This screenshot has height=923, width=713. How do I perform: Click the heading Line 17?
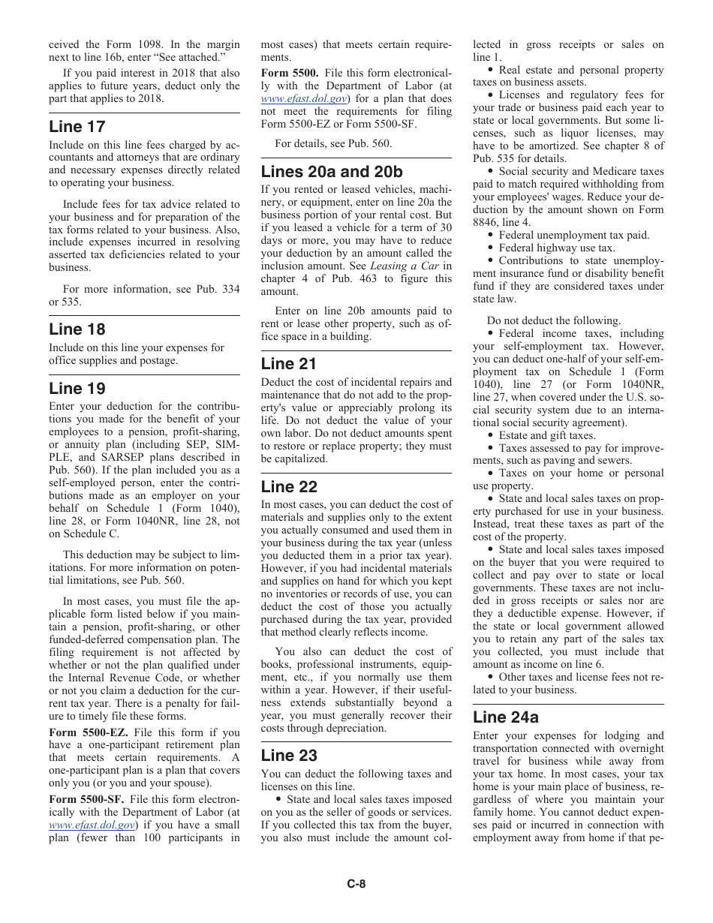77,127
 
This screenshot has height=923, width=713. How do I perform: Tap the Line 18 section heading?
77,329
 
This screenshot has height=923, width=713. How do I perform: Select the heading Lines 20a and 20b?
332,172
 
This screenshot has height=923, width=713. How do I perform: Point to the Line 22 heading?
289,487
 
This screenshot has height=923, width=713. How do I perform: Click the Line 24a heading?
506,717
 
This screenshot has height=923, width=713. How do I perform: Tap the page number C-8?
356,884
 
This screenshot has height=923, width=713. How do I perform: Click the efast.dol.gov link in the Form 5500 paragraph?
304,98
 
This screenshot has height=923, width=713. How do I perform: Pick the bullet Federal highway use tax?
556,248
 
